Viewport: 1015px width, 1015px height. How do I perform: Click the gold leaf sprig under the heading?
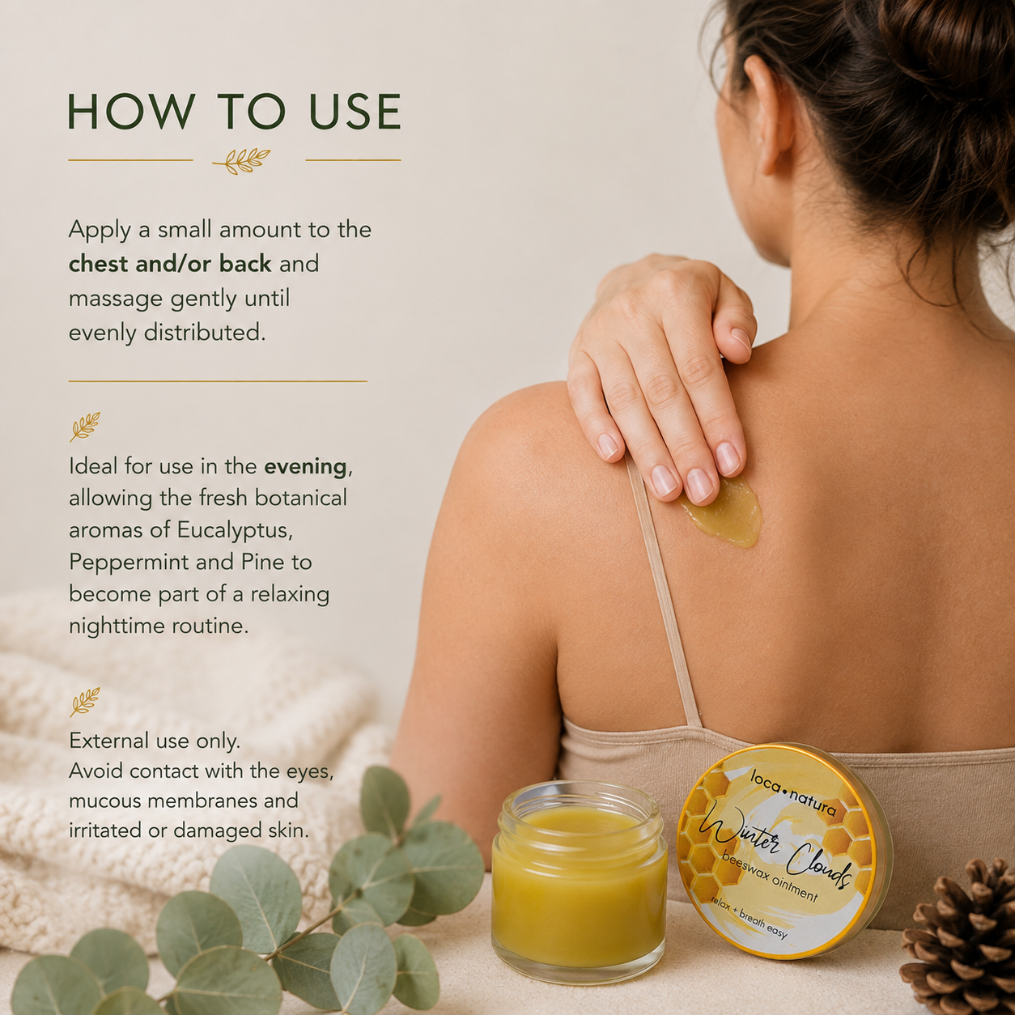[242, 160]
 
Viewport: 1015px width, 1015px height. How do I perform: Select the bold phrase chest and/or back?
[170, 263]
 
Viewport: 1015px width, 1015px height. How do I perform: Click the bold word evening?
[305, 467]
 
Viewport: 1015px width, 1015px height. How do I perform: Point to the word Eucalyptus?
[235, 531]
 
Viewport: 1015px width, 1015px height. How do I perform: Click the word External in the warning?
[109, 741]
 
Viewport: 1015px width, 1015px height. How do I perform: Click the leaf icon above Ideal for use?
[85, 427]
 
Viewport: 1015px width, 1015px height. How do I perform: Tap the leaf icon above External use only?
[85, 702]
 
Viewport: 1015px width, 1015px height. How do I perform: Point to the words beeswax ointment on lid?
[770, 877]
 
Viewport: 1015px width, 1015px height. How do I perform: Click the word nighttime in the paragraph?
[117, 626]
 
